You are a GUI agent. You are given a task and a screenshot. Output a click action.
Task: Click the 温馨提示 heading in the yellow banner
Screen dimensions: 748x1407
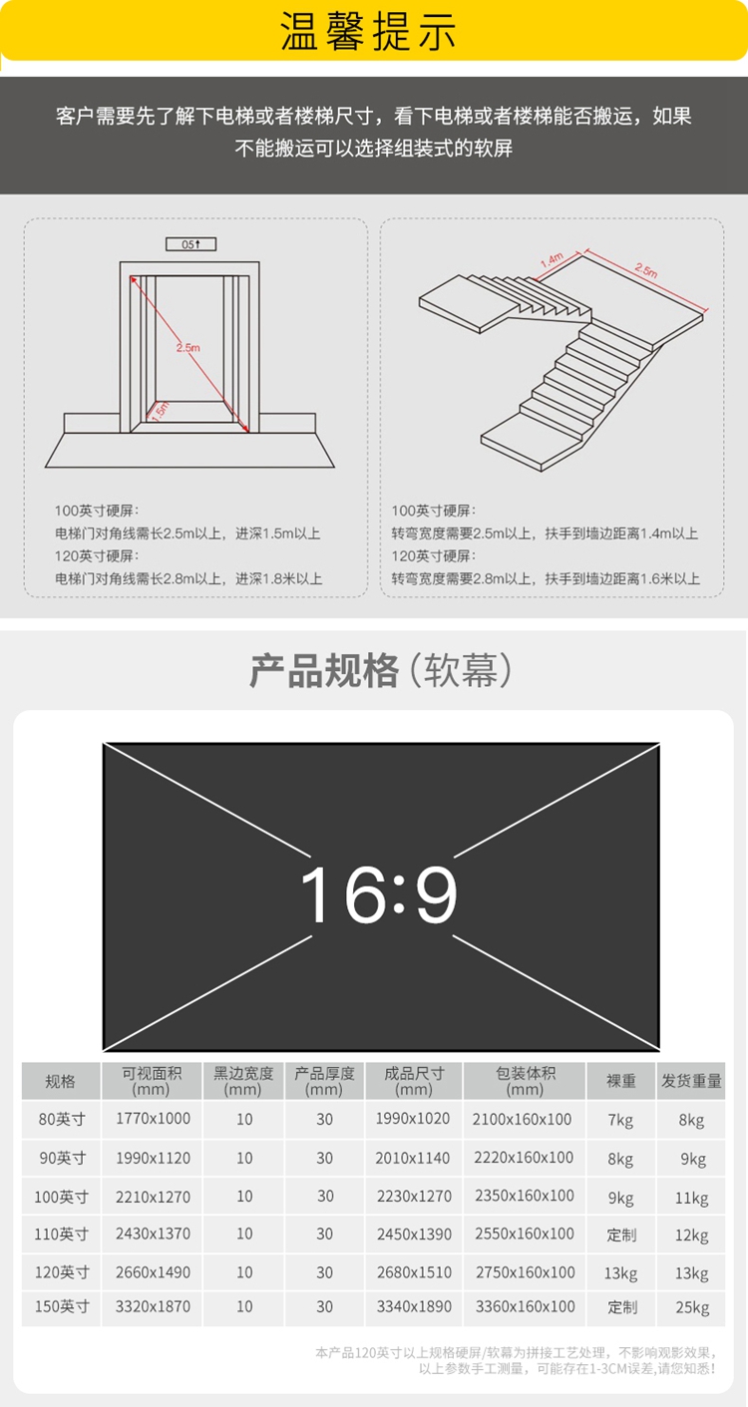coord(368,32)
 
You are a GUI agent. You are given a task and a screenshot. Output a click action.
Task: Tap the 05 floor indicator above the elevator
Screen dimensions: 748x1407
coord(190,244)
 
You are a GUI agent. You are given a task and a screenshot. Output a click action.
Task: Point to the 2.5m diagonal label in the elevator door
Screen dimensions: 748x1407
coord(187,347)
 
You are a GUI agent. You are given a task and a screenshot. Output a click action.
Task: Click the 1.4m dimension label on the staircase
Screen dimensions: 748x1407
coord(553,259)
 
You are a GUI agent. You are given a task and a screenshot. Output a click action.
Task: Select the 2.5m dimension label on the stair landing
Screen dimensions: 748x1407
coord(646,270)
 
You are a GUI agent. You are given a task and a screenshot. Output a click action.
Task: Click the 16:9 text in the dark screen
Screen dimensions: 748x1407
coord(379,894)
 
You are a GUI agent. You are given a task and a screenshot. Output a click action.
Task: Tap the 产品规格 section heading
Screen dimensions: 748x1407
coord(323,671)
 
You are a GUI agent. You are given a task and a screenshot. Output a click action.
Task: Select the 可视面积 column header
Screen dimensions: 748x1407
coord(152,1080)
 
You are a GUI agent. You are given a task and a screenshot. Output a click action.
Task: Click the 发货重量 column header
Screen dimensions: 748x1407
coord(691,1081)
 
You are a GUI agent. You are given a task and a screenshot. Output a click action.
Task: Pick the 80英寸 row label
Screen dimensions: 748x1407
coord(62,1119)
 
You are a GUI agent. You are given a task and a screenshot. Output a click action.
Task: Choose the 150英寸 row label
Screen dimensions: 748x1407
coord(62,1306)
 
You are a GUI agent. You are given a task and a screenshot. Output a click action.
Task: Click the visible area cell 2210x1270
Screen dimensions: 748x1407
coord(153,1197)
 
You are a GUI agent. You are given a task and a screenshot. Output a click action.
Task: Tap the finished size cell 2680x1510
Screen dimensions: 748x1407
coord(414,1272)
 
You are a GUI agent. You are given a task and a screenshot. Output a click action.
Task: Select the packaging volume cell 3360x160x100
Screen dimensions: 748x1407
coord(525,1306)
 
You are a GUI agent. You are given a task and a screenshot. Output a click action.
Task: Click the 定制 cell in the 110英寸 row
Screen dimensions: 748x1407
coord(621,1234)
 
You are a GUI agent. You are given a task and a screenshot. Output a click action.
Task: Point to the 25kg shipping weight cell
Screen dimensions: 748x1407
coord(692,1307)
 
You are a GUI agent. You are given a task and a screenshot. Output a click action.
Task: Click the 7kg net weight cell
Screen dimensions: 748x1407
coord(620,1120)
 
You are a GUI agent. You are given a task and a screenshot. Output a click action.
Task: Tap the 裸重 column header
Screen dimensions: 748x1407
coord(621,1081)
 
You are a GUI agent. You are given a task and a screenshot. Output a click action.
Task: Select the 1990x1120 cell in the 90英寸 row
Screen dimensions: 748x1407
coord(153,1158)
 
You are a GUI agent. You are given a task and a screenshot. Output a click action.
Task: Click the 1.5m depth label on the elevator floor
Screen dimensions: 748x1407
coord(160,410)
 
